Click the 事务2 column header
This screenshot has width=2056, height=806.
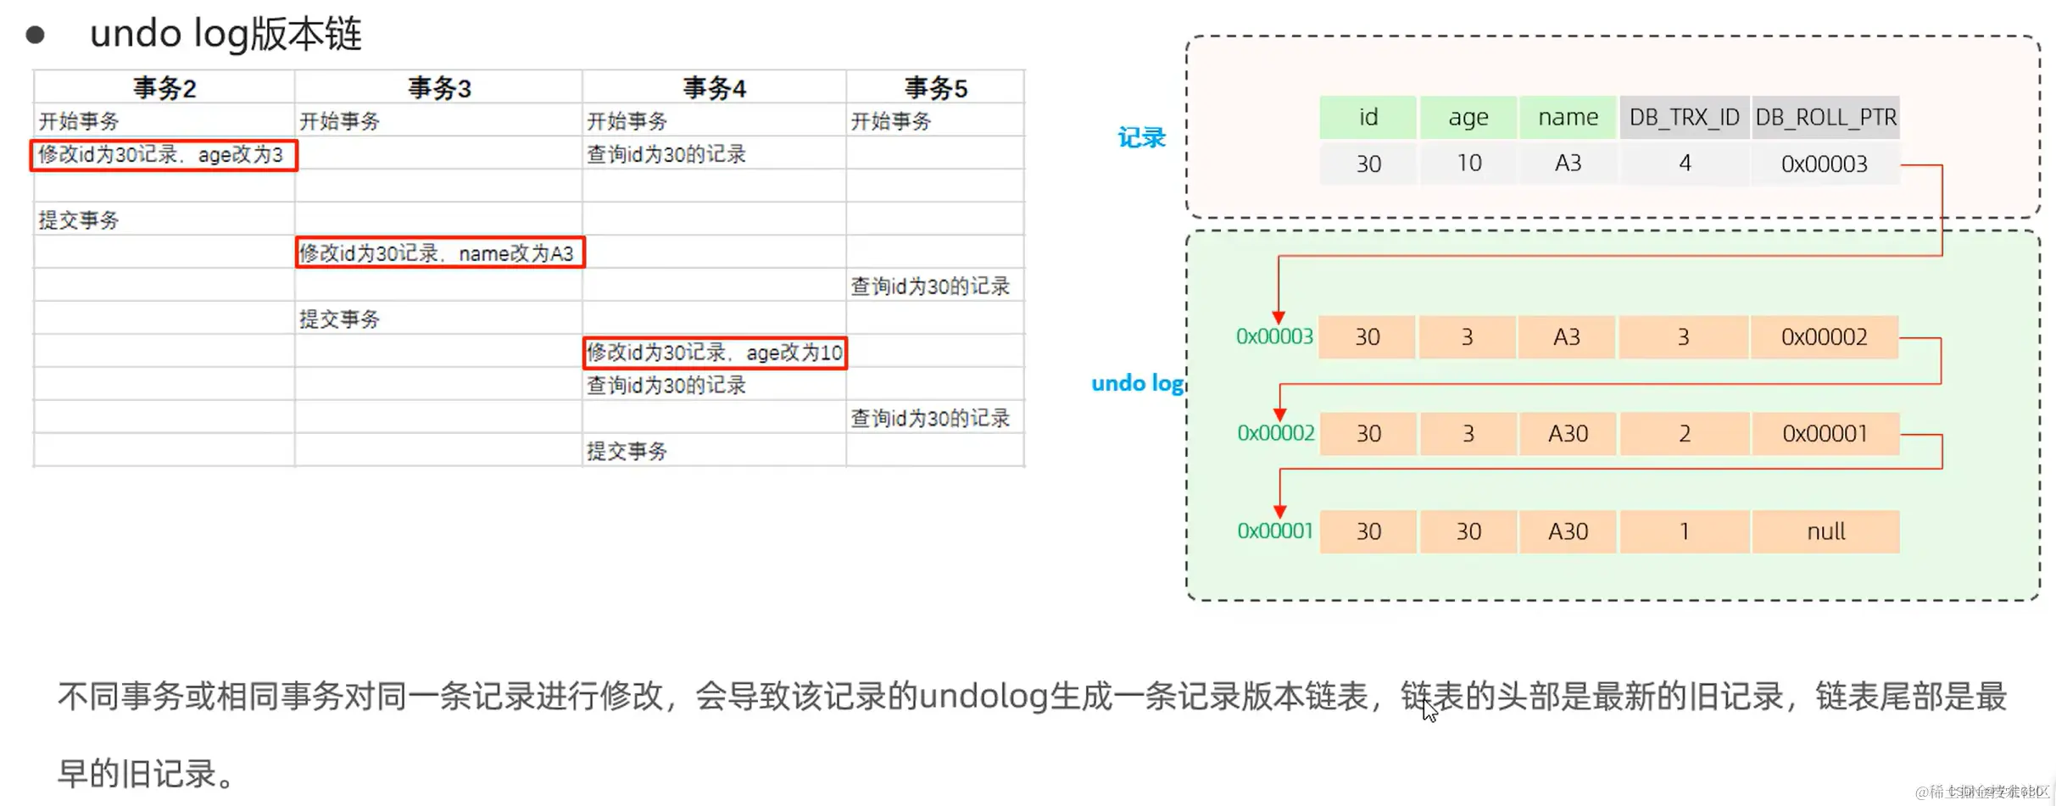(164, 88)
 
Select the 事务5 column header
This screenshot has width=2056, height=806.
(935, 88)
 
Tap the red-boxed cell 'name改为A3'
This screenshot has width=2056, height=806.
(440, 253)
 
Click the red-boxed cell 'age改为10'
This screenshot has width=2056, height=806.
(715, 353)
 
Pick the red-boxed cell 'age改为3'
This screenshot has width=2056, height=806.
(164, 155)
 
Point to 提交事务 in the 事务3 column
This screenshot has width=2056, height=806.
(340, 320)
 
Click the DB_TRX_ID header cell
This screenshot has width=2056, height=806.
(1684, 118)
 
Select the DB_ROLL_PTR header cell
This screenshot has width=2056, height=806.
(1825, 118)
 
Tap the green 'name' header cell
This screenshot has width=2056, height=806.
(1568, 118)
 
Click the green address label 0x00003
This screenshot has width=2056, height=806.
(1274, 337)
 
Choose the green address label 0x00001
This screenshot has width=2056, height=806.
(1274, 531)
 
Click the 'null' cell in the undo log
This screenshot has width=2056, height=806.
(1825, 531)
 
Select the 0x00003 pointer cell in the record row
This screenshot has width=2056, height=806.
(1824, 164)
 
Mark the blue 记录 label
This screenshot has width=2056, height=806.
(1141, 138)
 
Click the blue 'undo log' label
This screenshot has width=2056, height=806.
(1137, 384)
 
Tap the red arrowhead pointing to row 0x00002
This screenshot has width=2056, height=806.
(1280, 414)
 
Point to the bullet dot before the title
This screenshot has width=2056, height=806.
(35, 35)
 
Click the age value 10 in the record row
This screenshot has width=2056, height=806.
(1468, 164)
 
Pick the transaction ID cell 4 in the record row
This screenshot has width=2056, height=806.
(1684, 164)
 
